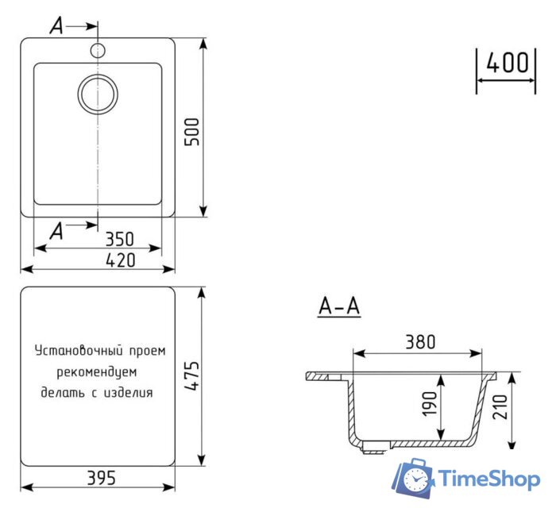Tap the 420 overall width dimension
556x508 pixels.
click(x=118, y=260)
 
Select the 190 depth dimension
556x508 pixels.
click(x=430, y=404)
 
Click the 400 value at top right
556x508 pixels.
click(x=506, y=63)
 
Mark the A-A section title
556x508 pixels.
click(x=339, y=306)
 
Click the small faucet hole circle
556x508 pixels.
click(x=98, y=51)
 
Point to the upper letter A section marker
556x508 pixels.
click(x=56, y=26)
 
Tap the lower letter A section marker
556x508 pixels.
click(x=56, y=231)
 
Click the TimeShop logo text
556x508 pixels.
click(x=489, y=478)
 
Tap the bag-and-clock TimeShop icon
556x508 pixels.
click(x=415, y=478)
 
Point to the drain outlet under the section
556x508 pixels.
click(x=373, y=451)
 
